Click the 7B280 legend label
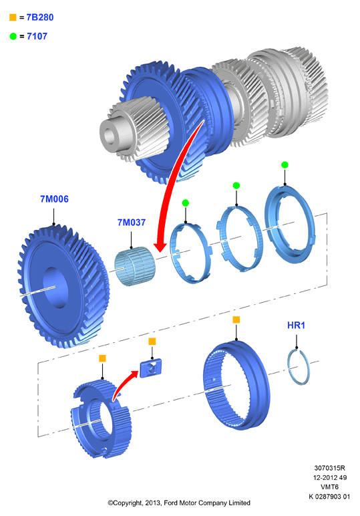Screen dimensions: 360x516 [40, 17]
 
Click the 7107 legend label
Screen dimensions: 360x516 [37, 36]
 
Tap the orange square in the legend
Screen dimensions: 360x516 [13, 17]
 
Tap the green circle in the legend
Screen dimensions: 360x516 [13, 36]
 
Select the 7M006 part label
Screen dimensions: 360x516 [54, 199]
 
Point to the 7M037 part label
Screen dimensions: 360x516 [132, 223]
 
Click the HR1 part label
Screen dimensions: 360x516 [297, 325]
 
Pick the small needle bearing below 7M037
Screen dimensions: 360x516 [135, 266]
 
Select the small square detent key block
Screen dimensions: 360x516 [151, 368]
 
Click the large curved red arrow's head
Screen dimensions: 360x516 [161, 246]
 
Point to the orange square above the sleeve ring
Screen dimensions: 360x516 [236, 319]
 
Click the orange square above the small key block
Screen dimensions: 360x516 [152, 342]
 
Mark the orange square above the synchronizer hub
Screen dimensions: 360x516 [102, 358]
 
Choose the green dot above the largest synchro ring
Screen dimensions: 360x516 [285, 164]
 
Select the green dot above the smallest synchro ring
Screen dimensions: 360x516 [186, 203]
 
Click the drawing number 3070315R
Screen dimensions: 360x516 [329, 468]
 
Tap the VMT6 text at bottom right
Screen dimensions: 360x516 [329, 487]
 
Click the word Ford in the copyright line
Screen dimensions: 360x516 [171, 503]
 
